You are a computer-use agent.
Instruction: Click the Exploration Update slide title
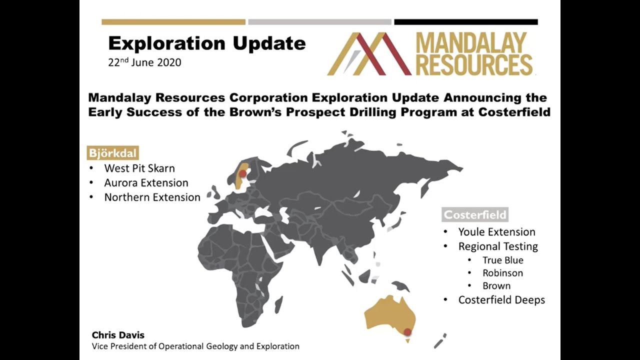[x=206, y=43]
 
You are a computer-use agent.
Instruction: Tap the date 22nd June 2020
[x=144, y=63]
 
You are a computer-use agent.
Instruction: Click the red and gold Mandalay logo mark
[x=369, y=54]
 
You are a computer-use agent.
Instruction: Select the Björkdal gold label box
[x=112, y=153]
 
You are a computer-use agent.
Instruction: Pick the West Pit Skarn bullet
[x=139, y=168]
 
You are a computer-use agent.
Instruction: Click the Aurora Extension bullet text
[x=146, y=182]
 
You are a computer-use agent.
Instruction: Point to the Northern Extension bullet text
[x=152, y=197]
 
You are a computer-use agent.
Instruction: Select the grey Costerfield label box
[x=475, y=215]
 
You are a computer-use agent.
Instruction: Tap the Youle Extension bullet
[x=496, y=231]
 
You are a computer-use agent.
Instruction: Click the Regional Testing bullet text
[x=498, y=246]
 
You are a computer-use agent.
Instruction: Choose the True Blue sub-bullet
[x=502, y=260]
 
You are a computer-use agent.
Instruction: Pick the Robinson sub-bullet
[x=502, y=273]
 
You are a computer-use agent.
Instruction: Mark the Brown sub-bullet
[x=496, y=286]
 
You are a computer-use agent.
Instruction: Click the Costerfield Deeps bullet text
[x=501, y=300]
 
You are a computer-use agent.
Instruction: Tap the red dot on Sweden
[x=242, y=173]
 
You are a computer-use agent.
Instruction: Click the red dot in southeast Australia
[x=407, y=332]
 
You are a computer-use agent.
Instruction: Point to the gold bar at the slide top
[x=173, y=22]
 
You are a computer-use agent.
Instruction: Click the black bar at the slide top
[x=465, y=22]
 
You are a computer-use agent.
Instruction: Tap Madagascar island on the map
[x=278, y=304]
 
